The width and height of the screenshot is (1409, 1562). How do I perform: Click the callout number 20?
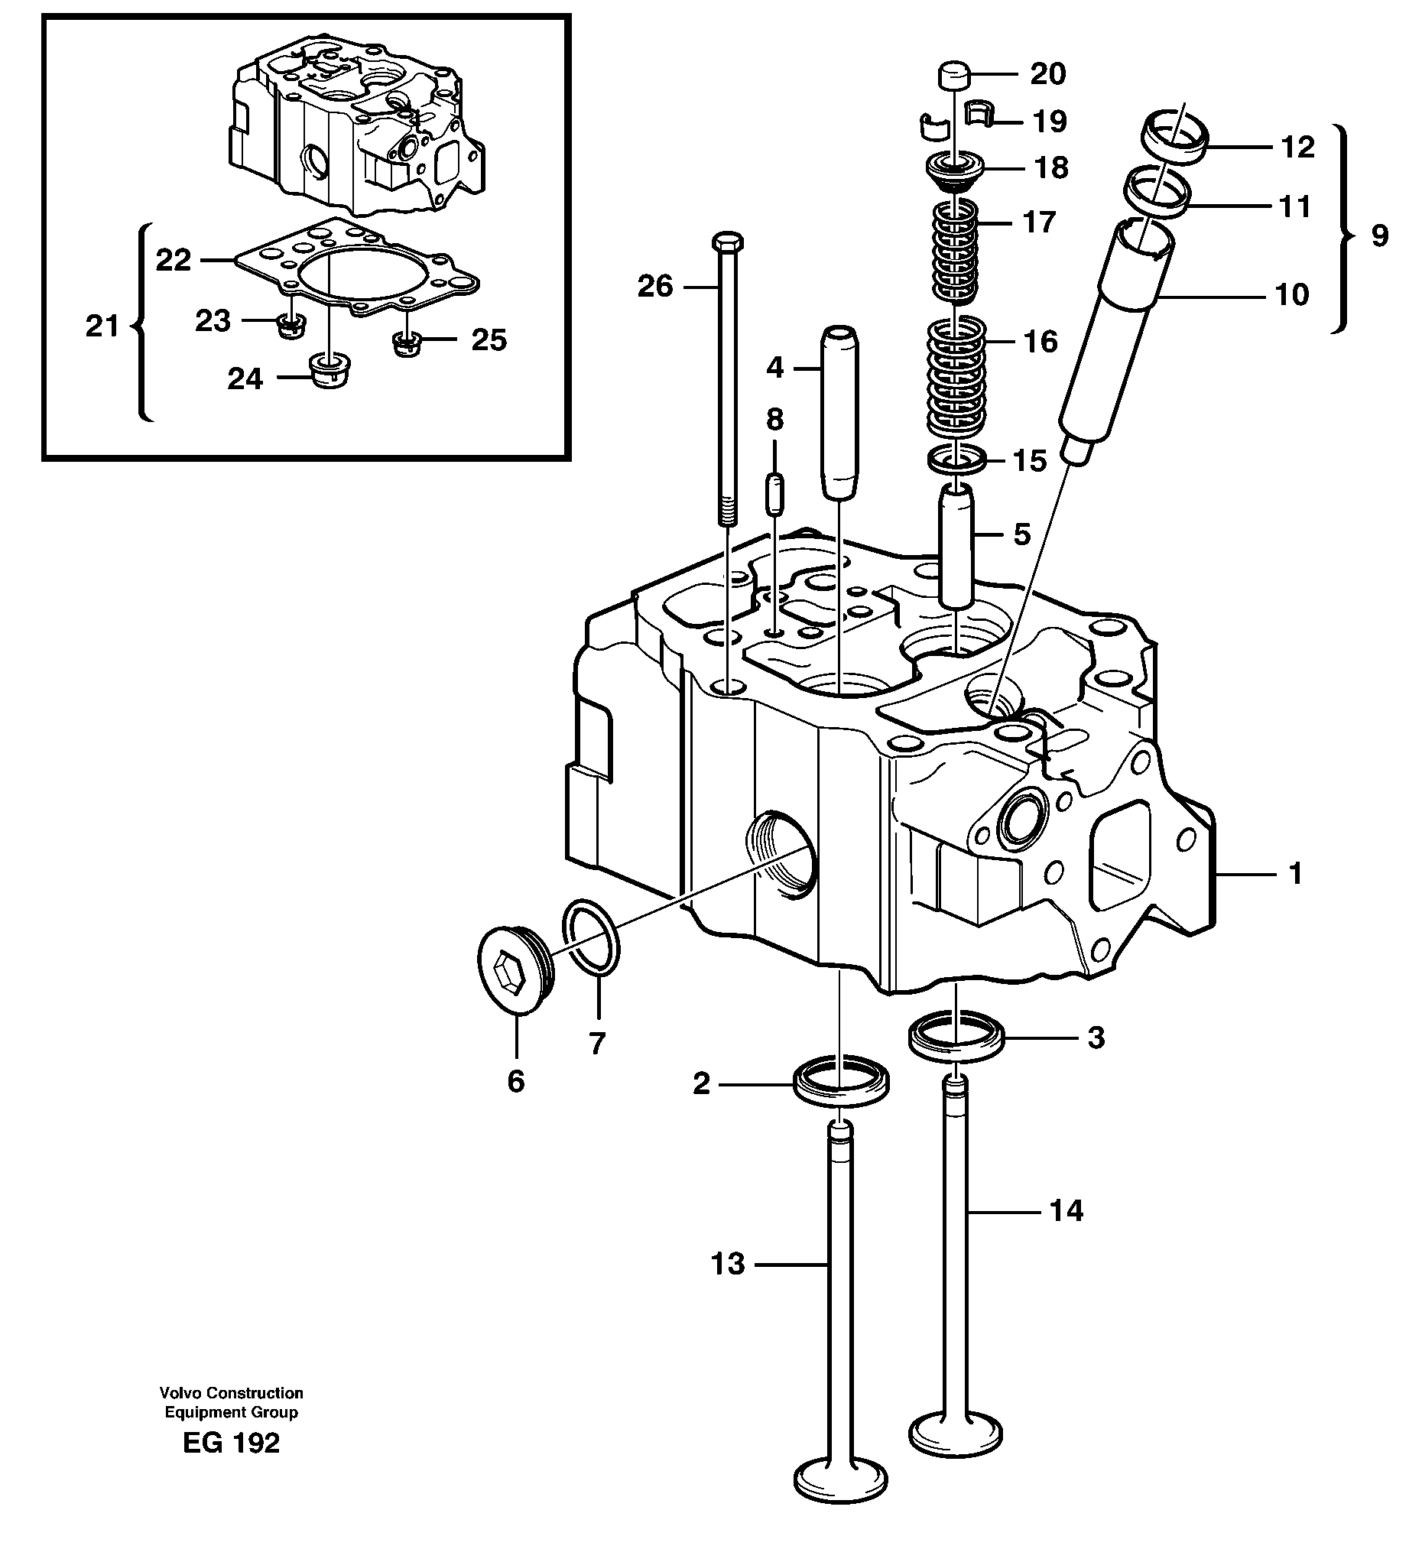click(x=1047, y=74)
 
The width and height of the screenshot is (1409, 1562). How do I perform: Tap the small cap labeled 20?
click(x=956, y=78)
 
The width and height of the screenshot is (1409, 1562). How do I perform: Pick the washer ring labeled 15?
click(x=957, y=460)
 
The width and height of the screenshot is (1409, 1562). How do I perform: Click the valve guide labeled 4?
click(x=840, y=414)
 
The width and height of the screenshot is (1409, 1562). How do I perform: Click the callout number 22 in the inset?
click(x=174, y=260)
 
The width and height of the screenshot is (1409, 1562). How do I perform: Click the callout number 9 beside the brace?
click(x=1380, y=235)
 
